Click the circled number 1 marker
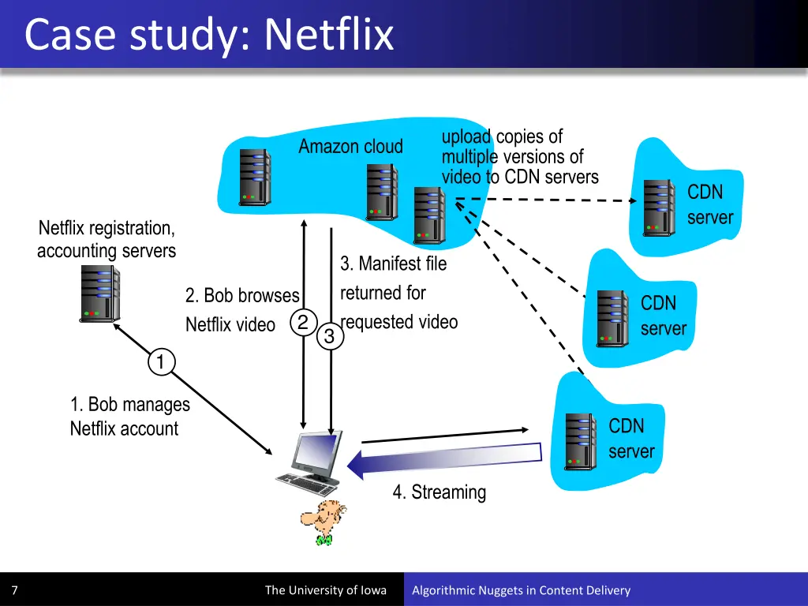(x=160, y=362)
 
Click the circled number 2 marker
(x=302, y=322)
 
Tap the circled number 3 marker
(x=329, y=337)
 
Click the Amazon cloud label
(x=350, y=147)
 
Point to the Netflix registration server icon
(x=99, y=293)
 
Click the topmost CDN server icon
(x=659, y=206)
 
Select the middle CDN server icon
(x=612, y=316)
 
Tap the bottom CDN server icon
(x=580, y=440)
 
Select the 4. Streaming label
(x=440, y=492)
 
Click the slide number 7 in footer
(x=14, y=590)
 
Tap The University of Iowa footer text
(x=325, y=590)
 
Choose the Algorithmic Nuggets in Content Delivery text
(x=521, y=590)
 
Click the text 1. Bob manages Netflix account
(x=129, y=417)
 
